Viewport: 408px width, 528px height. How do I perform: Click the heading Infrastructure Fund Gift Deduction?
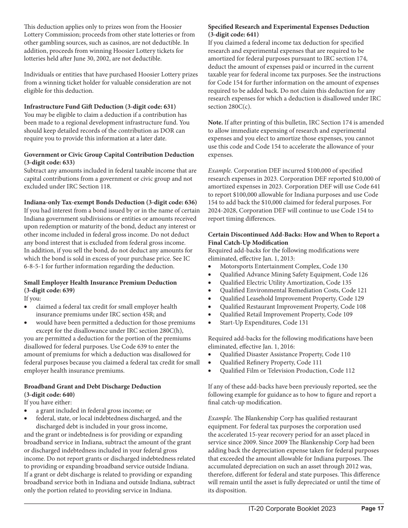[100, 106]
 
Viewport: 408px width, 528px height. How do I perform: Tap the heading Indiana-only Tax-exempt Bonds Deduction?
[110, 202]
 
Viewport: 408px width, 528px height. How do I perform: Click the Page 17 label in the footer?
[372, 509]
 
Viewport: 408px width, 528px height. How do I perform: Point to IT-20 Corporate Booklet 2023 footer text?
[292, 509]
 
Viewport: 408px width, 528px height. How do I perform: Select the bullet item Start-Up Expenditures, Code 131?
[264, 322]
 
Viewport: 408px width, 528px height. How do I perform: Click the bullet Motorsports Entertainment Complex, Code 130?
[283, 267]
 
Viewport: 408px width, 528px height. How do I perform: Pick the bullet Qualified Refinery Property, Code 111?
[271, 362]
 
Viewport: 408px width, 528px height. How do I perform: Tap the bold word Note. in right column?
[215, 122]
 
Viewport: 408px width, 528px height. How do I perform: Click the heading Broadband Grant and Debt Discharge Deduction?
[92, 386]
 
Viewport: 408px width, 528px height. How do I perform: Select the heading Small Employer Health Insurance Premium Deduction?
[100, 282]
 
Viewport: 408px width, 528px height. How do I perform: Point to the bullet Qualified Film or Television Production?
[287, 370]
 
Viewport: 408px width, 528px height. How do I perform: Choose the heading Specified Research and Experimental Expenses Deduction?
[288, 27]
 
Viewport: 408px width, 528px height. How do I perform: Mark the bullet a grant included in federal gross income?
[93, 410]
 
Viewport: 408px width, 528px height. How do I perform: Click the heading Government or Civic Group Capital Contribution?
[109, 155]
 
